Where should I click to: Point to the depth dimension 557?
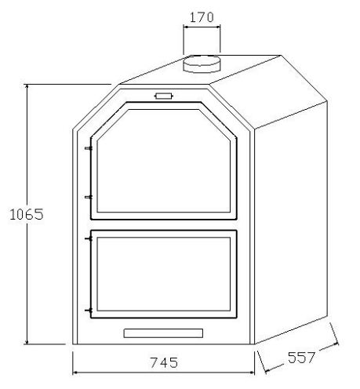pos(300,358)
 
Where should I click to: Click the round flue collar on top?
pos(202,65)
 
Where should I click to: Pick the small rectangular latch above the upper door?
pos(163,96)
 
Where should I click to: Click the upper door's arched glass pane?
pos(162,161)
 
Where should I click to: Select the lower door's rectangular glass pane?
pos(163,274)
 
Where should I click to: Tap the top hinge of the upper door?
pos(89,147)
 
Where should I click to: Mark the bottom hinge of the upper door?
pos(89,197)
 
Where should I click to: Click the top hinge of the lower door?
pos(89,238)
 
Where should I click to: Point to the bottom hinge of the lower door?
pos(89,311)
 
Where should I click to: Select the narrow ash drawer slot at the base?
pos(163,333)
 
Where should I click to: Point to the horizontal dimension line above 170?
pos(202,27)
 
